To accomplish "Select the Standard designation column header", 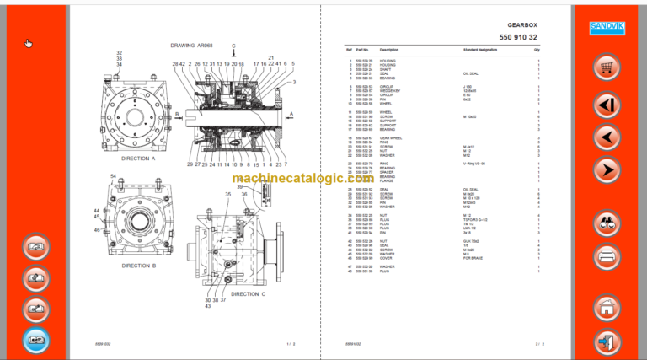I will click(481, 51).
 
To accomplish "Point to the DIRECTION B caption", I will click(139, 265).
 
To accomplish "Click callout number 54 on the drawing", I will click(114, 175).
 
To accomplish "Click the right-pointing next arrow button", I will click(606, 170).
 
